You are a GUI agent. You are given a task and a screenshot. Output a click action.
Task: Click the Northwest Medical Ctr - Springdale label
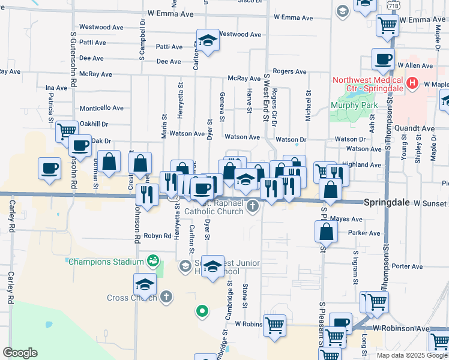[x=367, y=83]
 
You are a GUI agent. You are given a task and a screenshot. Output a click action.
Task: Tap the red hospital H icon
[x=412, y=83]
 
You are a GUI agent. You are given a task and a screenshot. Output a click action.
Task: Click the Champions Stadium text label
[x=106, y=262]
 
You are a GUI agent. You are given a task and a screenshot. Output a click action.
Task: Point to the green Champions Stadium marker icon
[x=152, y=261]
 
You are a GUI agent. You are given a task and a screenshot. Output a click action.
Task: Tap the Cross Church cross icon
[x=166, y=297]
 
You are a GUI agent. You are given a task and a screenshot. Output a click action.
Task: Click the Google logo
[x=20, y=353]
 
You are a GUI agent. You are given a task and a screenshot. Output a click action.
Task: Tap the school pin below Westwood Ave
[x=208, y=41]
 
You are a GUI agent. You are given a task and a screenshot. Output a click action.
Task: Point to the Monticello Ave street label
[x=101, y=108]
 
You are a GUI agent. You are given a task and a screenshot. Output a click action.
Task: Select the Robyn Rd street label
[x=157, y=236]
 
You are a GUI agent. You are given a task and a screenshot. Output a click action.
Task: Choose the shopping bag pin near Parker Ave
[x=325, y=232]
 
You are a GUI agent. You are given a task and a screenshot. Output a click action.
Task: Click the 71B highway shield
[x=393, y=5]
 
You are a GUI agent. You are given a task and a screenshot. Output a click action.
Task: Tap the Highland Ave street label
[x=366, y=164]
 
